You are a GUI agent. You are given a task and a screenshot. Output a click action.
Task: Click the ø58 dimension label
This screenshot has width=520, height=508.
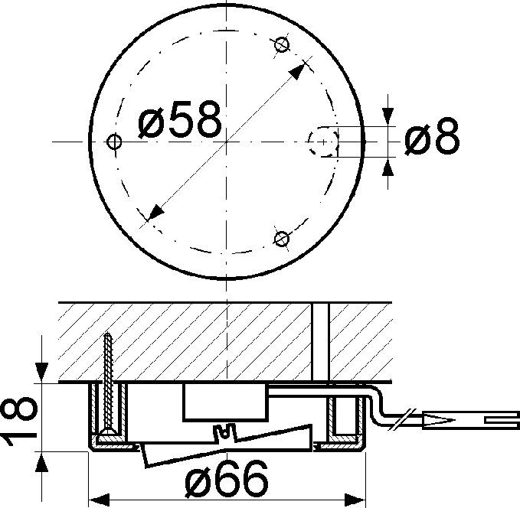[x=179, y=119]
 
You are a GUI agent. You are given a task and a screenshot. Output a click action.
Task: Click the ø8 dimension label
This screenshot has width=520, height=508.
[x=432, y=136]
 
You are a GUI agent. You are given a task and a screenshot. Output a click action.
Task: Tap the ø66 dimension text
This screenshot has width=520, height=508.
[x=227, y=478]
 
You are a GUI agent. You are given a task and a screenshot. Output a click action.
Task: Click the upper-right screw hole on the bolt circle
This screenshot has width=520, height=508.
[x=283, y=44]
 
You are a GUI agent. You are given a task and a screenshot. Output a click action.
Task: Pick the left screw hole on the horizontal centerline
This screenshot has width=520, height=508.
[x=115, y=142]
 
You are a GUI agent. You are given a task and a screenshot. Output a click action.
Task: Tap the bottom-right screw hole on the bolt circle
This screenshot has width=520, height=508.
[x=282, y=238]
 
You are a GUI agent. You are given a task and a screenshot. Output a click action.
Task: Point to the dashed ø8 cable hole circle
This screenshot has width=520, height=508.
[x=323, y=142]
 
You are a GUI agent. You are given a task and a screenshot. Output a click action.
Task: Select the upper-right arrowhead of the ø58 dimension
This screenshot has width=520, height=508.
[x=297, y=71]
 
